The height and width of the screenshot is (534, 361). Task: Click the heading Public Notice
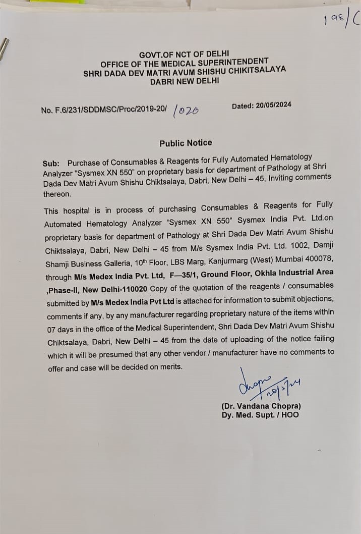click(x=186, y=143)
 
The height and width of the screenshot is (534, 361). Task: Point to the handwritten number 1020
click(x=186, y=111)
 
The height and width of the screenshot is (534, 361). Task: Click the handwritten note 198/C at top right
click(x=341, y=20)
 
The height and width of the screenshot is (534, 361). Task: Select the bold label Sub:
click(x=51, y=163)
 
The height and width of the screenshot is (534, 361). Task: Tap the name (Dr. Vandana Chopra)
click(x=261, y=406)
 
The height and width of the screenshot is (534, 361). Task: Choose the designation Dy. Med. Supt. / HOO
click(x=260, y=415)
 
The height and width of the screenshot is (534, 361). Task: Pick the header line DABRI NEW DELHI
click(x=184, y=81)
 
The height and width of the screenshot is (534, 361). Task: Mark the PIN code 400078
click(x=318, y=259)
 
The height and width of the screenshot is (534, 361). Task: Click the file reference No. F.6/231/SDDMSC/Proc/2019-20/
click(x=103, y=109)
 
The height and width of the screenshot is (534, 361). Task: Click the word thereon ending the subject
click(x=57, y=194)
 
